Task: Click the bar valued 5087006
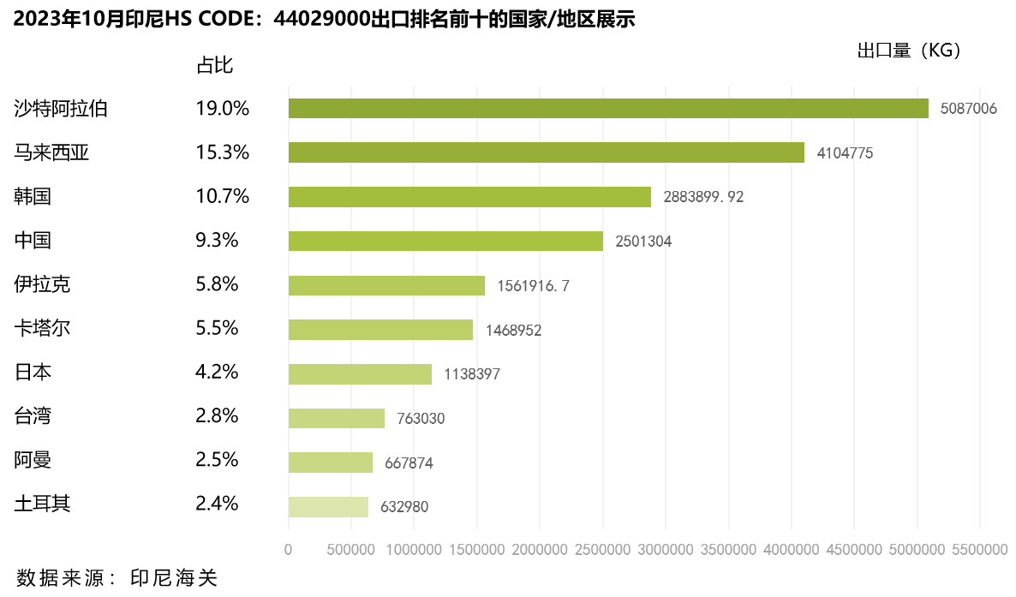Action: [608, 109]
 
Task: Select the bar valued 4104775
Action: [547, 152]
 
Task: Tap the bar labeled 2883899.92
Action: [469, 197]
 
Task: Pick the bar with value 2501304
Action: [445, 242]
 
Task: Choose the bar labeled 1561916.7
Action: [386, 285]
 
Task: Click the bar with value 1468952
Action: [380, 330]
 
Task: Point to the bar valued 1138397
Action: [360, 374]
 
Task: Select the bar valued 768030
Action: [337, 419]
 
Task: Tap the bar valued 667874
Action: [331, 463]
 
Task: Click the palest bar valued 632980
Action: [328, 507]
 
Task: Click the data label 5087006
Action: [969, 109]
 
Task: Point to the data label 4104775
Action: [845, 153]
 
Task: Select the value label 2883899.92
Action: [703, 197]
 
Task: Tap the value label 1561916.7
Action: [533, 286]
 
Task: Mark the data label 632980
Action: [404, 507]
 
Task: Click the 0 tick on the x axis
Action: [289, 549]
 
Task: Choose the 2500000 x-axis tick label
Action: [602, 549]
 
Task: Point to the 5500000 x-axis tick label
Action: [979, 549]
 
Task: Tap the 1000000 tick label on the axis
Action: [414, 549]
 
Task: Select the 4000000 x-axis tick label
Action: [791, 549]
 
